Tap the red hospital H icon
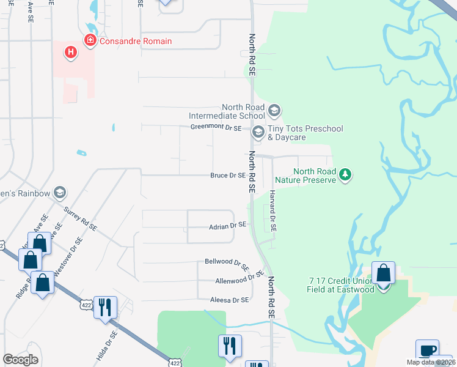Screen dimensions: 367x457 tap(71, 53)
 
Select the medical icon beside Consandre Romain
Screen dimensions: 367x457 tap(90, 41)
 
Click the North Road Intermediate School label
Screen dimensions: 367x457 tap(227, 111)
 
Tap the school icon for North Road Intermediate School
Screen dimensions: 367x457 tap(274, 111)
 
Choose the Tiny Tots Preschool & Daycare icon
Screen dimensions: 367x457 tap(258, 131)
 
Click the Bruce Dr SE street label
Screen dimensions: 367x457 tap(227, 176)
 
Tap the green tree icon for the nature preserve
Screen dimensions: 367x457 tap(346, 175)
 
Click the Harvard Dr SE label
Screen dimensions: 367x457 tap(273, 210)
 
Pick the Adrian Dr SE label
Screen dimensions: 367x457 tap(227, 225)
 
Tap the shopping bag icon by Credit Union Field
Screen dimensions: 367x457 tap(383, 273)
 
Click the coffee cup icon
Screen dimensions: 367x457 tap(427, 351)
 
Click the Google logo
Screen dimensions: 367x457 tap(20, 360)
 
